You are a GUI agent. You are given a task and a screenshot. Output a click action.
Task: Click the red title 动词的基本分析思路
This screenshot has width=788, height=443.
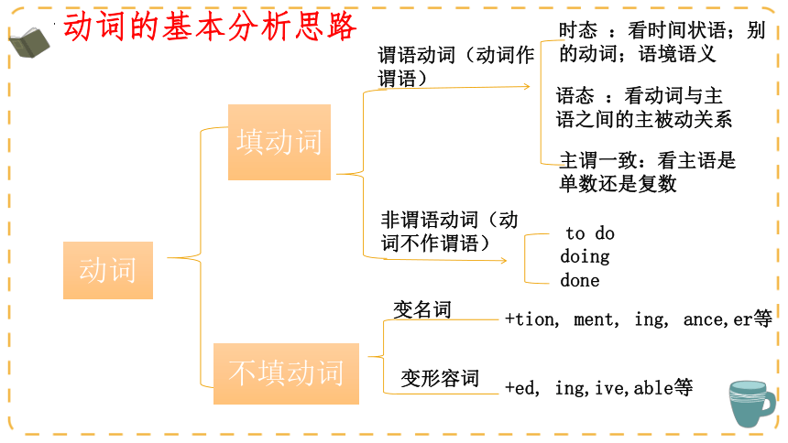click(x=210, y=27)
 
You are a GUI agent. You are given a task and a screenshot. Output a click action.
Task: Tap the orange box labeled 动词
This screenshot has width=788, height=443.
click(x=108, y=270)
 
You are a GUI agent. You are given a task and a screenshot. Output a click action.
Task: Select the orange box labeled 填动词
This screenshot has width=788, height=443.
click(x=279, y=142)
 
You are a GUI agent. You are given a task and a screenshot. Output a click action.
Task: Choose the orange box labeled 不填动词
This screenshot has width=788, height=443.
click(x=287, y=373)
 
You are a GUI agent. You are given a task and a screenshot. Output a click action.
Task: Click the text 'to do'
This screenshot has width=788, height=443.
click(x=590, y=233)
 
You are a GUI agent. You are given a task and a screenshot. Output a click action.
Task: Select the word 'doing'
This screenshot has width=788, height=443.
click(x=585, y=256)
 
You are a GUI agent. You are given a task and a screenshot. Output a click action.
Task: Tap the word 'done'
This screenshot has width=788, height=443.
click(x=580, y=280)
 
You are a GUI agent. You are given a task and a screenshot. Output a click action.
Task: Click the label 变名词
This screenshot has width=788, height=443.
click(x=422, y=309)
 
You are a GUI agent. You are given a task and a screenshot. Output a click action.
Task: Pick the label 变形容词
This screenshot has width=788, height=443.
click(x=440, y=378)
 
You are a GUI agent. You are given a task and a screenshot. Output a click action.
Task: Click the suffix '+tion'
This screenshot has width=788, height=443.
click(x=530, y=319)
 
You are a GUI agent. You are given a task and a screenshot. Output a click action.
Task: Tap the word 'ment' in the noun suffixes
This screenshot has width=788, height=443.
click(x=595, y=320)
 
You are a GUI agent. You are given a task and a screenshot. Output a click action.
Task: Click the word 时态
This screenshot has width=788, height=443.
click(x=578, y=30)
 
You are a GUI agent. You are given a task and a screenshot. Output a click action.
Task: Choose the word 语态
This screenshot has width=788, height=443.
click(x=575, y=95)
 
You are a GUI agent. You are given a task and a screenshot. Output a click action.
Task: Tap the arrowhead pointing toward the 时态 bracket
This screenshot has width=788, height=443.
click(x=527, y=86)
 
